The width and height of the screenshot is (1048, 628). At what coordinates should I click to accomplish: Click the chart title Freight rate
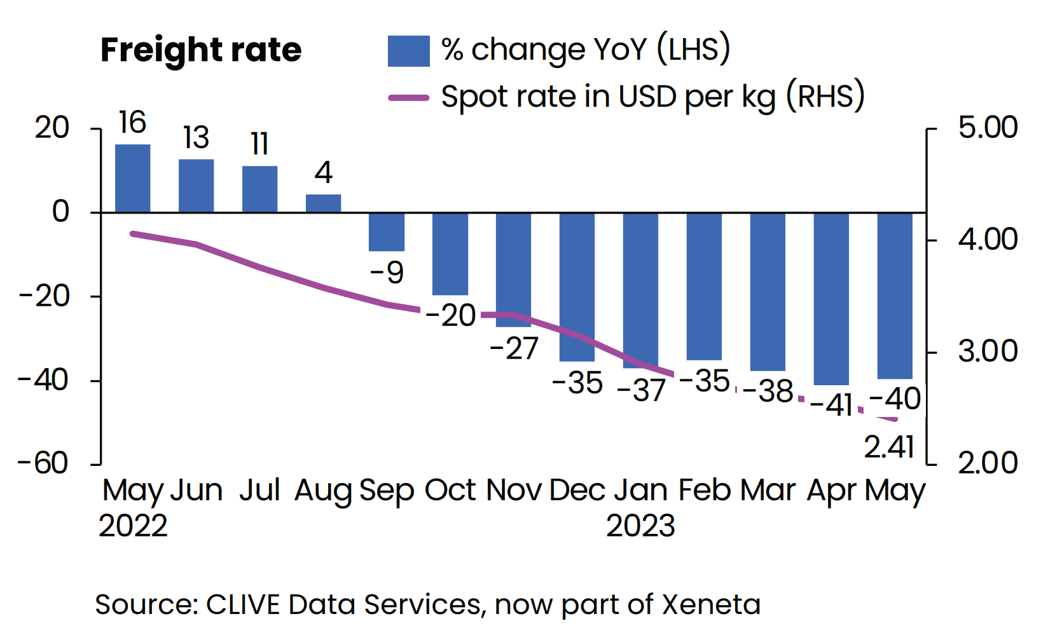pos(201,50)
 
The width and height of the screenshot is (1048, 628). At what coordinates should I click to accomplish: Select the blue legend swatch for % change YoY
pos(408,51)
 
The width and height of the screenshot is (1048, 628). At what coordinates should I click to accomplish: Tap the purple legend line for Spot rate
pos(408,98)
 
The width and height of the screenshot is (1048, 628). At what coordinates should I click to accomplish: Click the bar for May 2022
pos(132,179)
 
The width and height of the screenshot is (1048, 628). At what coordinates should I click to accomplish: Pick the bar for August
pos(323,203)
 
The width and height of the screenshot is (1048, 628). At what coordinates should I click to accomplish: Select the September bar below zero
pos(387,232)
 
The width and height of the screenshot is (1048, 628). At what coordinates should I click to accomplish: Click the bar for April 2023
pos(831,299)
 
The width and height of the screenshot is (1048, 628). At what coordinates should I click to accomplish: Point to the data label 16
pos(132,123)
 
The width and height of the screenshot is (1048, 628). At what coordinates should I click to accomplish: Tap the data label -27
pos(514,348)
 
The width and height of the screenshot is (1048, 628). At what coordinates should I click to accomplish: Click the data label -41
pos(831,405)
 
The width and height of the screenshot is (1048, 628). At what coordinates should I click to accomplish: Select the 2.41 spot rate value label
pos(889,447)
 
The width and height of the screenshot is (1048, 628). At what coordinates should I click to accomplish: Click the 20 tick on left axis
pos(52,128)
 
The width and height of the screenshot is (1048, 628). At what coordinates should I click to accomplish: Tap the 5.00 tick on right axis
pos(988,128)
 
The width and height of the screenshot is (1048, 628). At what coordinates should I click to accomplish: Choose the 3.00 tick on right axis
pos(988,352)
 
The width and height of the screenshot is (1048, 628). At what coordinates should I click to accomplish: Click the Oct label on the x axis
pos(450,491)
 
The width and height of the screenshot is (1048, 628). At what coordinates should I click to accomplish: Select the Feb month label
pos(705,491)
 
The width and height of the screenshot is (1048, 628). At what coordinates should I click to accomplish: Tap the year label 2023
pos(640,526)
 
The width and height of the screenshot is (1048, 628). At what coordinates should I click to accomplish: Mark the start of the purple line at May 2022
pos(132,234)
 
